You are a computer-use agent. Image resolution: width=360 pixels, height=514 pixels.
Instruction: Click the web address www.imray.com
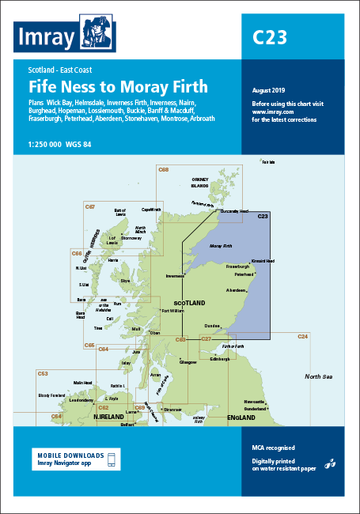(270, 112)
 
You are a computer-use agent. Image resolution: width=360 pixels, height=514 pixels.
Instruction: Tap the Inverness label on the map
(175, 276)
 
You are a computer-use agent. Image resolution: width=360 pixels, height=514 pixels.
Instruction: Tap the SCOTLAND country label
(189, 303)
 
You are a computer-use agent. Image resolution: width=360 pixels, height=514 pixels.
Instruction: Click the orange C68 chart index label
(164, 170)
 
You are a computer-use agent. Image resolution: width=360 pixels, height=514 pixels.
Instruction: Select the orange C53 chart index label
(43, 373)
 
